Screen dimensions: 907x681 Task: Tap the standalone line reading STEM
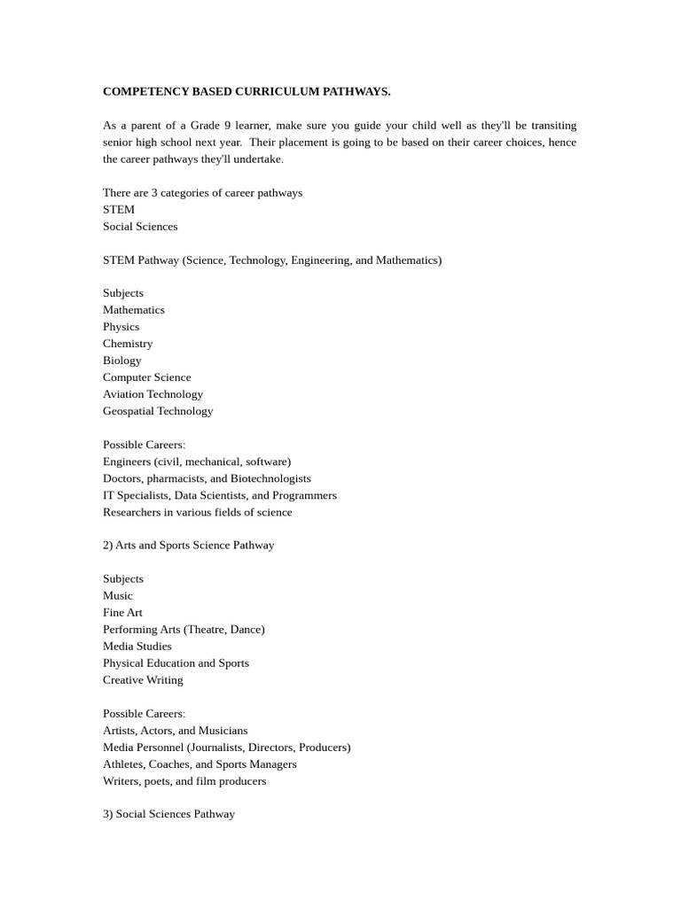[x=119, y=209]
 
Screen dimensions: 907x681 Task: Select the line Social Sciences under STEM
[x=140, y=226]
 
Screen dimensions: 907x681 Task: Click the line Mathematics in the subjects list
[x=134, y=309]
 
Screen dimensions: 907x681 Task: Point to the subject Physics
[x=121, y=326]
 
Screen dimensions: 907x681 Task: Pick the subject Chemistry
[x=128, y=343]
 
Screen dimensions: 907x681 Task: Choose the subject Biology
[x=122, y=360]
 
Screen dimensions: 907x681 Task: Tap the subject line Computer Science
[x=146, y=376]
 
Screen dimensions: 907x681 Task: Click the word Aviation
[x=123, y=393]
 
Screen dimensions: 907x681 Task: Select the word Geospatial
[x=129, y=410]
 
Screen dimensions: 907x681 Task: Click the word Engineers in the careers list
[x=127, y=461]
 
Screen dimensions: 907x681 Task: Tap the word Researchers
[x=132, y=512]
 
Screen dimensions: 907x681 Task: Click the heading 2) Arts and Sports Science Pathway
[x=188, y=545]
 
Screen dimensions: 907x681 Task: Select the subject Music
[x=118, y=595]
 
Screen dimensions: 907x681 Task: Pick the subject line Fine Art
[x=122, y=612]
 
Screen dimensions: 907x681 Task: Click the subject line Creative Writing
[x=143, y=679]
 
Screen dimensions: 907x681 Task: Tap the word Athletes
[x=123, y=764]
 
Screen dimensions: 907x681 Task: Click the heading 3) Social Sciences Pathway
[x=168, y=813]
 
